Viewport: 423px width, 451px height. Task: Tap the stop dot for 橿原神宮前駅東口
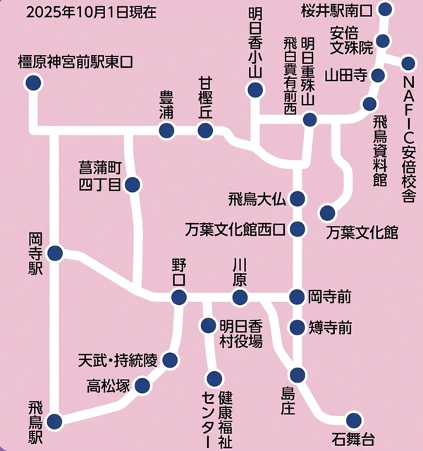pos(32,83)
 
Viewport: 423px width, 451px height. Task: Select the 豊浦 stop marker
pos(166,130)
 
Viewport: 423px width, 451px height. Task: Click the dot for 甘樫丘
pos(205,130)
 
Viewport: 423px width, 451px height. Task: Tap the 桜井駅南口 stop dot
pos(385,9)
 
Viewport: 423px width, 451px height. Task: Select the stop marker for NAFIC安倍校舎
pos(408,63)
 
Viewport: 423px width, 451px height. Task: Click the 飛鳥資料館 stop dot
pos(369,104)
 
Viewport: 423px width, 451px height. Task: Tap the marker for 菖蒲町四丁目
pos(132,185)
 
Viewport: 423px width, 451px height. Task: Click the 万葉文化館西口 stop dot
pos(298,229)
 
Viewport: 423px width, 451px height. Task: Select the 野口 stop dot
pos(178,297)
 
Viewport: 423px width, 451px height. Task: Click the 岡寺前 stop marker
pos(298,296)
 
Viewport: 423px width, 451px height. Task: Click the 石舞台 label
pos(352,439)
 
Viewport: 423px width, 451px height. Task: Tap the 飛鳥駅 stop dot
pos(54,421)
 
